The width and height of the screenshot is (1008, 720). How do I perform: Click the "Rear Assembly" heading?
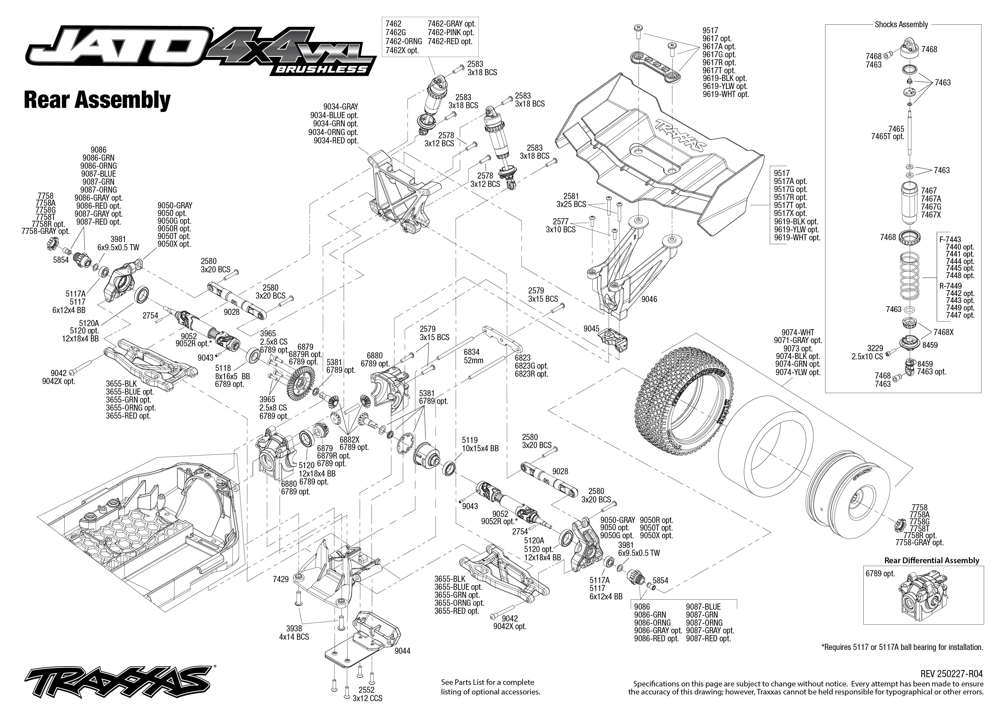tap(97, 100)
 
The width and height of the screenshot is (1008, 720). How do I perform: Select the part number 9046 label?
tap(649, 299)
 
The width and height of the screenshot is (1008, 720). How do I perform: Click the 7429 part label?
tap(281, 579)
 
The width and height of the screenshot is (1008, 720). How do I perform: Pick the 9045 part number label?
tap(591, 329)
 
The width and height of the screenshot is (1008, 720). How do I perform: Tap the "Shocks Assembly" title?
tap(901, 24)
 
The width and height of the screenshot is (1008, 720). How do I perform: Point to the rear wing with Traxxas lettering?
tap(660, 155)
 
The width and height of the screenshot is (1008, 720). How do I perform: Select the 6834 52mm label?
tap(473, 356)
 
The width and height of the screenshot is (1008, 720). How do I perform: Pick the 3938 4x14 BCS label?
tap(294, 633)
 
